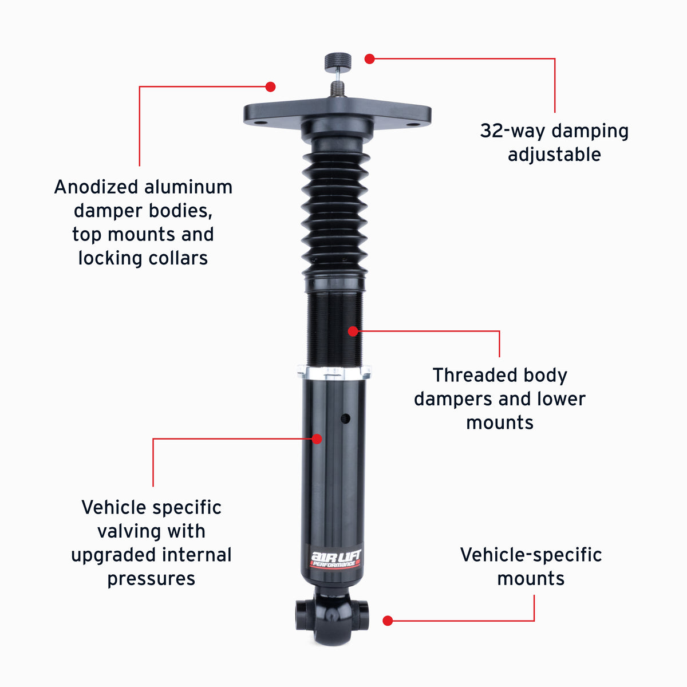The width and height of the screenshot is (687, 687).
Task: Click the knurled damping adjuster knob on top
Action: click(x=338, y=61)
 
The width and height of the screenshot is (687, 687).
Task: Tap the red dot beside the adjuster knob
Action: click(x=369, y=59)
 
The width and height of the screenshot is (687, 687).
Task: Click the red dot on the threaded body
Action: click(x=353, y=331)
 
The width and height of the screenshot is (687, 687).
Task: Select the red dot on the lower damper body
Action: click(x=317, y=439)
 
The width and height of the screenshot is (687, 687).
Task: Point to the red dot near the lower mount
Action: click(x=388, y=621)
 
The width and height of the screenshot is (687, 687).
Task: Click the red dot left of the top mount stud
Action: click(x=271, y=86)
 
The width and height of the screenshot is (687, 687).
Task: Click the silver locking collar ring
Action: click(x=334, y=373)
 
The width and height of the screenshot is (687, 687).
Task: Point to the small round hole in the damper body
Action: click(x=345, y=418)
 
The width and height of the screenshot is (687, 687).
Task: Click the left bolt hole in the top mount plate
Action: click(x=260, y=123)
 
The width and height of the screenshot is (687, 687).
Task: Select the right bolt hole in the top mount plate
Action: click(x=413, y=124)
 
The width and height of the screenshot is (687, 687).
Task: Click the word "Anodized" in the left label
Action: click(x=96, y=187)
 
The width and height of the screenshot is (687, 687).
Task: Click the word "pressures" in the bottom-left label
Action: click(x=151, y=579)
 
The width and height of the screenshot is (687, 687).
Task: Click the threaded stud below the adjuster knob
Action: click(x=337, y=89)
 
